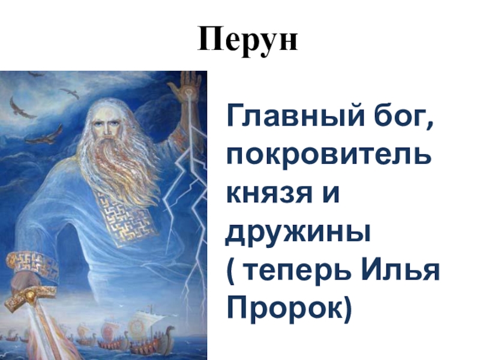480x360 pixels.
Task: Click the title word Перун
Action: tap(248, 40)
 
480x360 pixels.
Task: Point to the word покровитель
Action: tap(329, 154)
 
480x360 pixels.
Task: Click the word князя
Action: tap(269, 194)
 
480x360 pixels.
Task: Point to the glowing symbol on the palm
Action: tap(188, 91)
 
